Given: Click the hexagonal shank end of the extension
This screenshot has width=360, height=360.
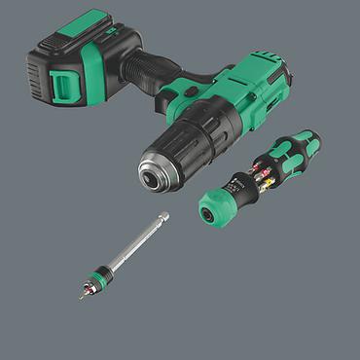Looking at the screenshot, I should pos(163,218).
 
